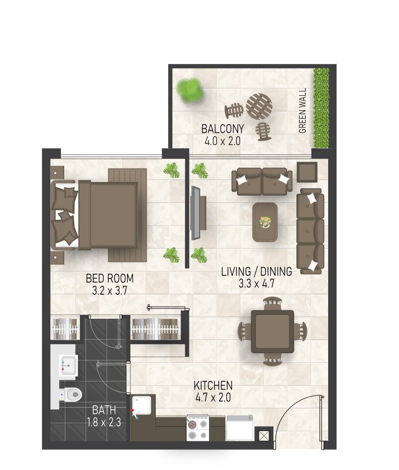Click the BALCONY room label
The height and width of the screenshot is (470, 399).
pos(222,129)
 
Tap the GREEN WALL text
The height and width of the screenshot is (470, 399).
pos(302,111)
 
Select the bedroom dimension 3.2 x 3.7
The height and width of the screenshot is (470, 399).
pos(110,290)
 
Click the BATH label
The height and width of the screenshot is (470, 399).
pos(104,410)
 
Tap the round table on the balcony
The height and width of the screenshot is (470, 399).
pos(259,106)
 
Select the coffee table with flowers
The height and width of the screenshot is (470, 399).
pos(265,222)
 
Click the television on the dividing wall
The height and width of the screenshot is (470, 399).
pos(198,213)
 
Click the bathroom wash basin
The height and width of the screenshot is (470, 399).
pos(69,366)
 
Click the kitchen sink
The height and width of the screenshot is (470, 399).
pos(142,405)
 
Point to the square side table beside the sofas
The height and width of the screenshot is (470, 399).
pos(307,172)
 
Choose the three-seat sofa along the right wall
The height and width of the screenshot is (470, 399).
pos(310,231)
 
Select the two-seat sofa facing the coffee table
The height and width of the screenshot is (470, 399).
pos(262,182)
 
